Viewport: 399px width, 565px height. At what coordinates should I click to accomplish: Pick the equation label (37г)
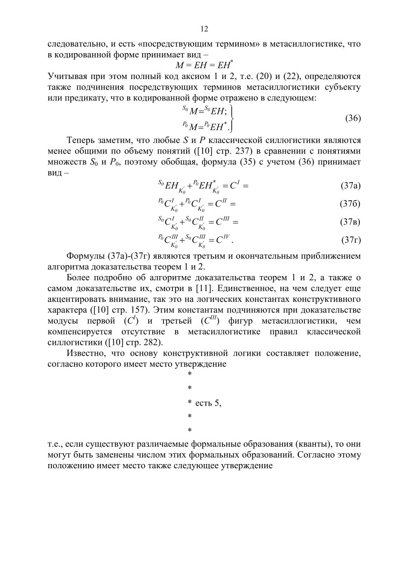click(350, 239)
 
